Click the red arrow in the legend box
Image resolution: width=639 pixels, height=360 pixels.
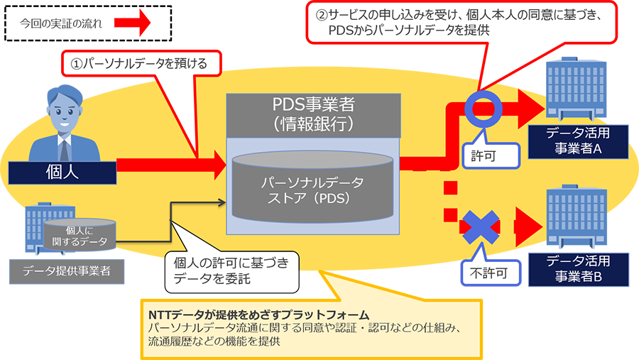pyautogui.click(x=133, y=23)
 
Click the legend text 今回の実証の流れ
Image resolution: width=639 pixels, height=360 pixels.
pyautogui.click(x=61, y=23)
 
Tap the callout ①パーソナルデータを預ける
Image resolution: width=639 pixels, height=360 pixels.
pyautogui.click(x=141, y=64)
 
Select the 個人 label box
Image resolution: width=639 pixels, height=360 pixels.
pyautogui.click(x=62, y=173)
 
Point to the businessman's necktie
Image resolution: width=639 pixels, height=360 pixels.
pyautogui.click(x=64, y=150)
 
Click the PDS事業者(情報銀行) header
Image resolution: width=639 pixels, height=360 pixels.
pyautogui.click(x=313, y=115)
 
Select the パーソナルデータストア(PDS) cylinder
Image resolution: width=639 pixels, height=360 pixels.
pyautogui.click(x=312, y=188)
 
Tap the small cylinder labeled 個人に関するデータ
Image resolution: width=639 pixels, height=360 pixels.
pyautogui.click(x=80, y=235)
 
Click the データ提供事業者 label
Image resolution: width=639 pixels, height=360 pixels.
pyautogui.click(x=67, y=271)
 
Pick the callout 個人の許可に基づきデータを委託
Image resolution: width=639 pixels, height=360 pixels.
pyautogui.click(x=231, y=271)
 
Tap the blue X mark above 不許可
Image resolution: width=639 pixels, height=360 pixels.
pyautogui.click(x=481, y=227)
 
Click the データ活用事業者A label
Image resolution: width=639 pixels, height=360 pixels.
pyautogui.click(x=578, y=141)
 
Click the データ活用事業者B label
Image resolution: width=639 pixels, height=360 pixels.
pyautogui.click(x=578, y=269)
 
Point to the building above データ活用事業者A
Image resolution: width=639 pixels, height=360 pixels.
pyautogui.click(x=575, y=88)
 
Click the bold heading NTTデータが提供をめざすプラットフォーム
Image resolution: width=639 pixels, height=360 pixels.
pyautogui.click(x=258, y=315)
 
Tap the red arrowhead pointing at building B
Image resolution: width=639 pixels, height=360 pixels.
pyautogui.click(x=528, y=227)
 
